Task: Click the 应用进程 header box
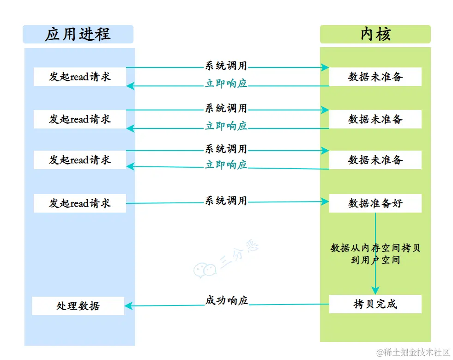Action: pos(78,35)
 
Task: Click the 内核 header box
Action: pos(375,35)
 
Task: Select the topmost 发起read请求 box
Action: pos(80,77)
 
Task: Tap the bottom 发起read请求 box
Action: pos(80,203)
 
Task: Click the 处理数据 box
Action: pos(78,306)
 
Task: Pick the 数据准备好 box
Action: pos(375,203)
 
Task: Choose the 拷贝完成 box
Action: pos(375,304)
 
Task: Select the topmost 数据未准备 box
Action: pos(375,77)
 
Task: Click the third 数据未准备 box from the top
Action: pos(375,160)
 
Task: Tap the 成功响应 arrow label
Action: pos(226,300)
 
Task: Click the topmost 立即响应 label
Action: pos(226,84)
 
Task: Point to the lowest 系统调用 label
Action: pos(226,201)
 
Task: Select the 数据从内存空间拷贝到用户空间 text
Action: pos(375,254)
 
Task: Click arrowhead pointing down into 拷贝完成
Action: pos(375,291)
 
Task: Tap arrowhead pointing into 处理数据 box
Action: pos(129,305)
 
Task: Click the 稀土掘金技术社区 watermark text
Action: pos(413,352)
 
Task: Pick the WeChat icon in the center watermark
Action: pos(205,270)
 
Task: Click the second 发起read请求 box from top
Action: pos(80,119)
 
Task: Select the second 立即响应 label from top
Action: pos(226,126)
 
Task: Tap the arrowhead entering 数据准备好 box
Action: pos(326,201)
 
